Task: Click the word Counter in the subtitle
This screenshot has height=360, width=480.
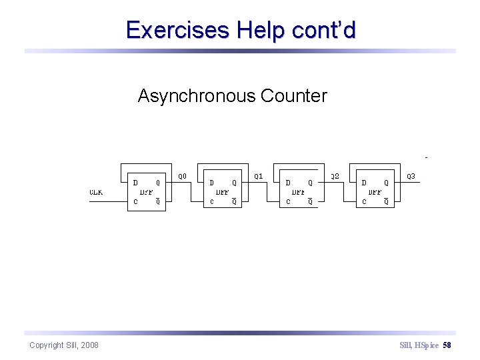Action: coord(294,96)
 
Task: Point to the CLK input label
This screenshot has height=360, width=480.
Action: coord(97,192)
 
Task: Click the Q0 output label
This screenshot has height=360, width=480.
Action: coord(182,177)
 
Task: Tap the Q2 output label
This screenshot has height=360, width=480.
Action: coord(335,177)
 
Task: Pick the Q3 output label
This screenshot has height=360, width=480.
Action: coord(411,177)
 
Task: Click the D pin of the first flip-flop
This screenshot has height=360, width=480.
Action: coord(135,182)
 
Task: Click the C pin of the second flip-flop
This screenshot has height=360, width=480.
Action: coord(212,201)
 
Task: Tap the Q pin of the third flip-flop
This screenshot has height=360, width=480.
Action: coord(310,183)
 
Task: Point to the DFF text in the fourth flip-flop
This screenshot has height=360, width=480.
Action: coord(375,192)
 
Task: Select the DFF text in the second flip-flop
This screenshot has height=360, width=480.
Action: coord(223,192)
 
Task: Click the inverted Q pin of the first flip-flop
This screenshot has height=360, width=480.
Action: coord(158,201)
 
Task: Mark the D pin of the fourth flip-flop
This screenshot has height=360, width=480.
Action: coord(364,182)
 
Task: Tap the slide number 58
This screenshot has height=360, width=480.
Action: coord(447,345)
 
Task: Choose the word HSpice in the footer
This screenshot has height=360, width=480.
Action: coord(427,345)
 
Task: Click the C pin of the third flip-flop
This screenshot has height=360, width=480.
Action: coord(288,201)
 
